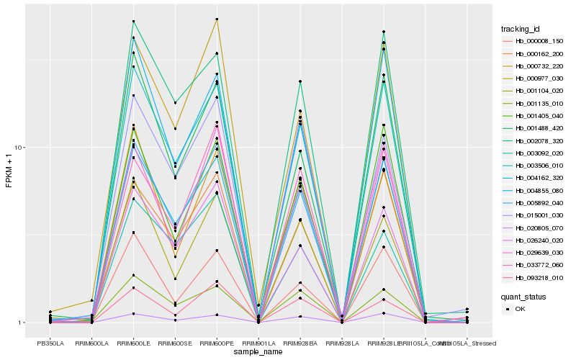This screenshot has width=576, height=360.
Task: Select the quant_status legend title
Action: click(523, 296)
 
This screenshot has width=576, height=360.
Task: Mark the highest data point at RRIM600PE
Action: click(217, 19)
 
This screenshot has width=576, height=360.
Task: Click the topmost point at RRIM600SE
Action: click(176, 103)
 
